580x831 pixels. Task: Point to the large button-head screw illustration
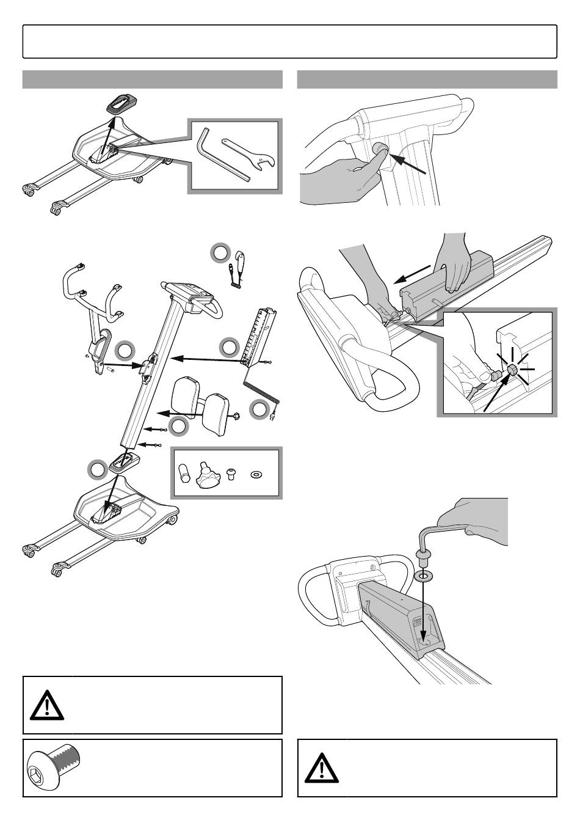55,769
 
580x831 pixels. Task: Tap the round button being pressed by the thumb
378,150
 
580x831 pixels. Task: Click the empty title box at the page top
289,41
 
